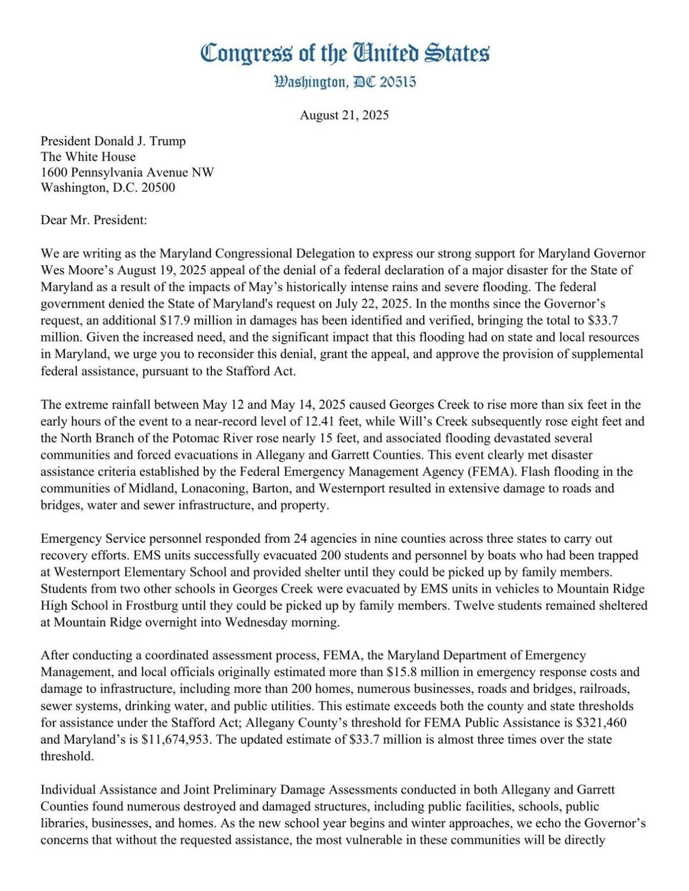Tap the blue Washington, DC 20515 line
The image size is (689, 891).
345,82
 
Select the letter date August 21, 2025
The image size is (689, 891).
344,115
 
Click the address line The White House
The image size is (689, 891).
88,157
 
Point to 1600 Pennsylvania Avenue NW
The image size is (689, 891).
127,172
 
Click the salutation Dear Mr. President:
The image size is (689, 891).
94,220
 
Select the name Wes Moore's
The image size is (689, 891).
69,270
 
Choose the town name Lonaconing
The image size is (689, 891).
202,489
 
